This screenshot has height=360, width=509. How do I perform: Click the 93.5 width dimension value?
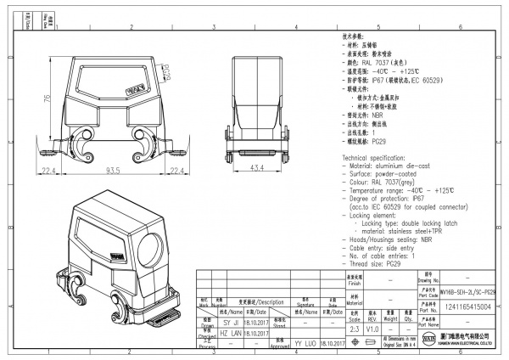point(110,171)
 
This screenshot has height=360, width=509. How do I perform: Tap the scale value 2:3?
point(354,328)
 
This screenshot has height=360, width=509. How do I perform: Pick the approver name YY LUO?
point(304,345)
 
